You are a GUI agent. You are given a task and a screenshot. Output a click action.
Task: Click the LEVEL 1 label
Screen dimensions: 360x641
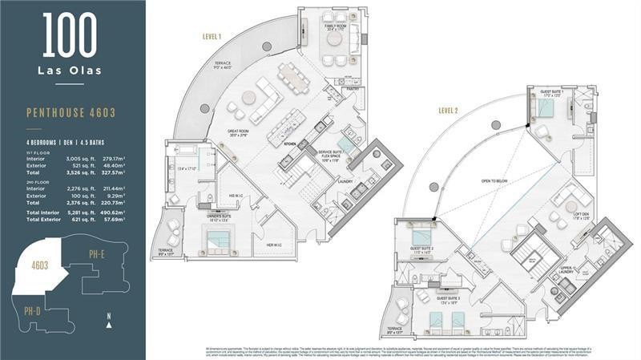click(212, 36)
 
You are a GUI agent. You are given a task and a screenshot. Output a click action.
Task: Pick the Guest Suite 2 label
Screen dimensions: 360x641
click(421, 248)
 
